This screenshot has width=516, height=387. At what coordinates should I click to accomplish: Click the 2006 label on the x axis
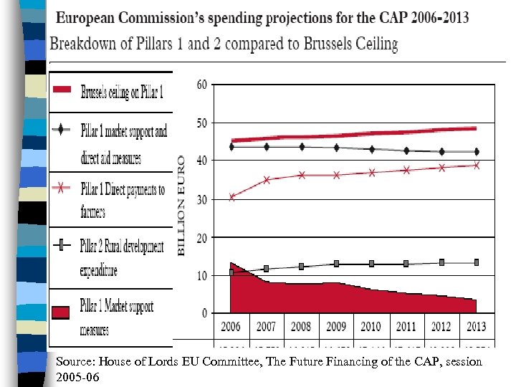pos(231,326)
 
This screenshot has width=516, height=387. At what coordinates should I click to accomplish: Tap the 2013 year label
pos(476,326)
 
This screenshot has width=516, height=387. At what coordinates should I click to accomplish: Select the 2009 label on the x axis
pos(336,326)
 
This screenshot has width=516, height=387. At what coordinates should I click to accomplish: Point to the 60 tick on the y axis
pos(202,85)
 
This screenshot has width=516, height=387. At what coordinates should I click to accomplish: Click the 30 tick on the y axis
pos(202,199)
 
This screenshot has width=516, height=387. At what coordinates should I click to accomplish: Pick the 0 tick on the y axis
pos(205,313)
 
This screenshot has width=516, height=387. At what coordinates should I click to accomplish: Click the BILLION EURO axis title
pos(181,205)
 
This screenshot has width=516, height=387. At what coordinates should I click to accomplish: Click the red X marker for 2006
pos(231,197)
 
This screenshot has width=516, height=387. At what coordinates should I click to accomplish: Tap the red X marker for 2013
pos(476,165)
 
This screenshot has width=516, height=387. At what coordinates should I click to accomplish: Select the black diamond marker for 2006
pos(231,147)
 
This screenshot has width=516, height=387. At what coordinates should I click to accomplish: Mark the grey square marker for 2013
pos(476,262)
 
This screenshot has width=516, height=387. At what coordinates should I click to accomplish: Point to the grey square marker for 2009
pos(336,264)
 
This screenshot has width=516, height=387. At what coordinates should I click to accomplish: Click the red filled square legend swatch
pos(62,312)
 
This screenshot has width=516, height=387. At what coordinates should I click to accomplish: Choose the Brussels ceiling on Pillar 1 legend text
pos(121,92)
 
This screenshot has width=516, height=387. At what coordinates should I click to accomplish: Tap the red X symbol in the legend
pos(63,189)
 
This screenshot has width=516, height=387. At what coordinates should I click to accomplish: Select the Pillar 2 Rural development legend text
pos(123,247)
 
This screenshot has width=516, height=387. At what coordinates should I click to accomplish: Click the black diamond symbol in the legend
pos(63,130)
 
